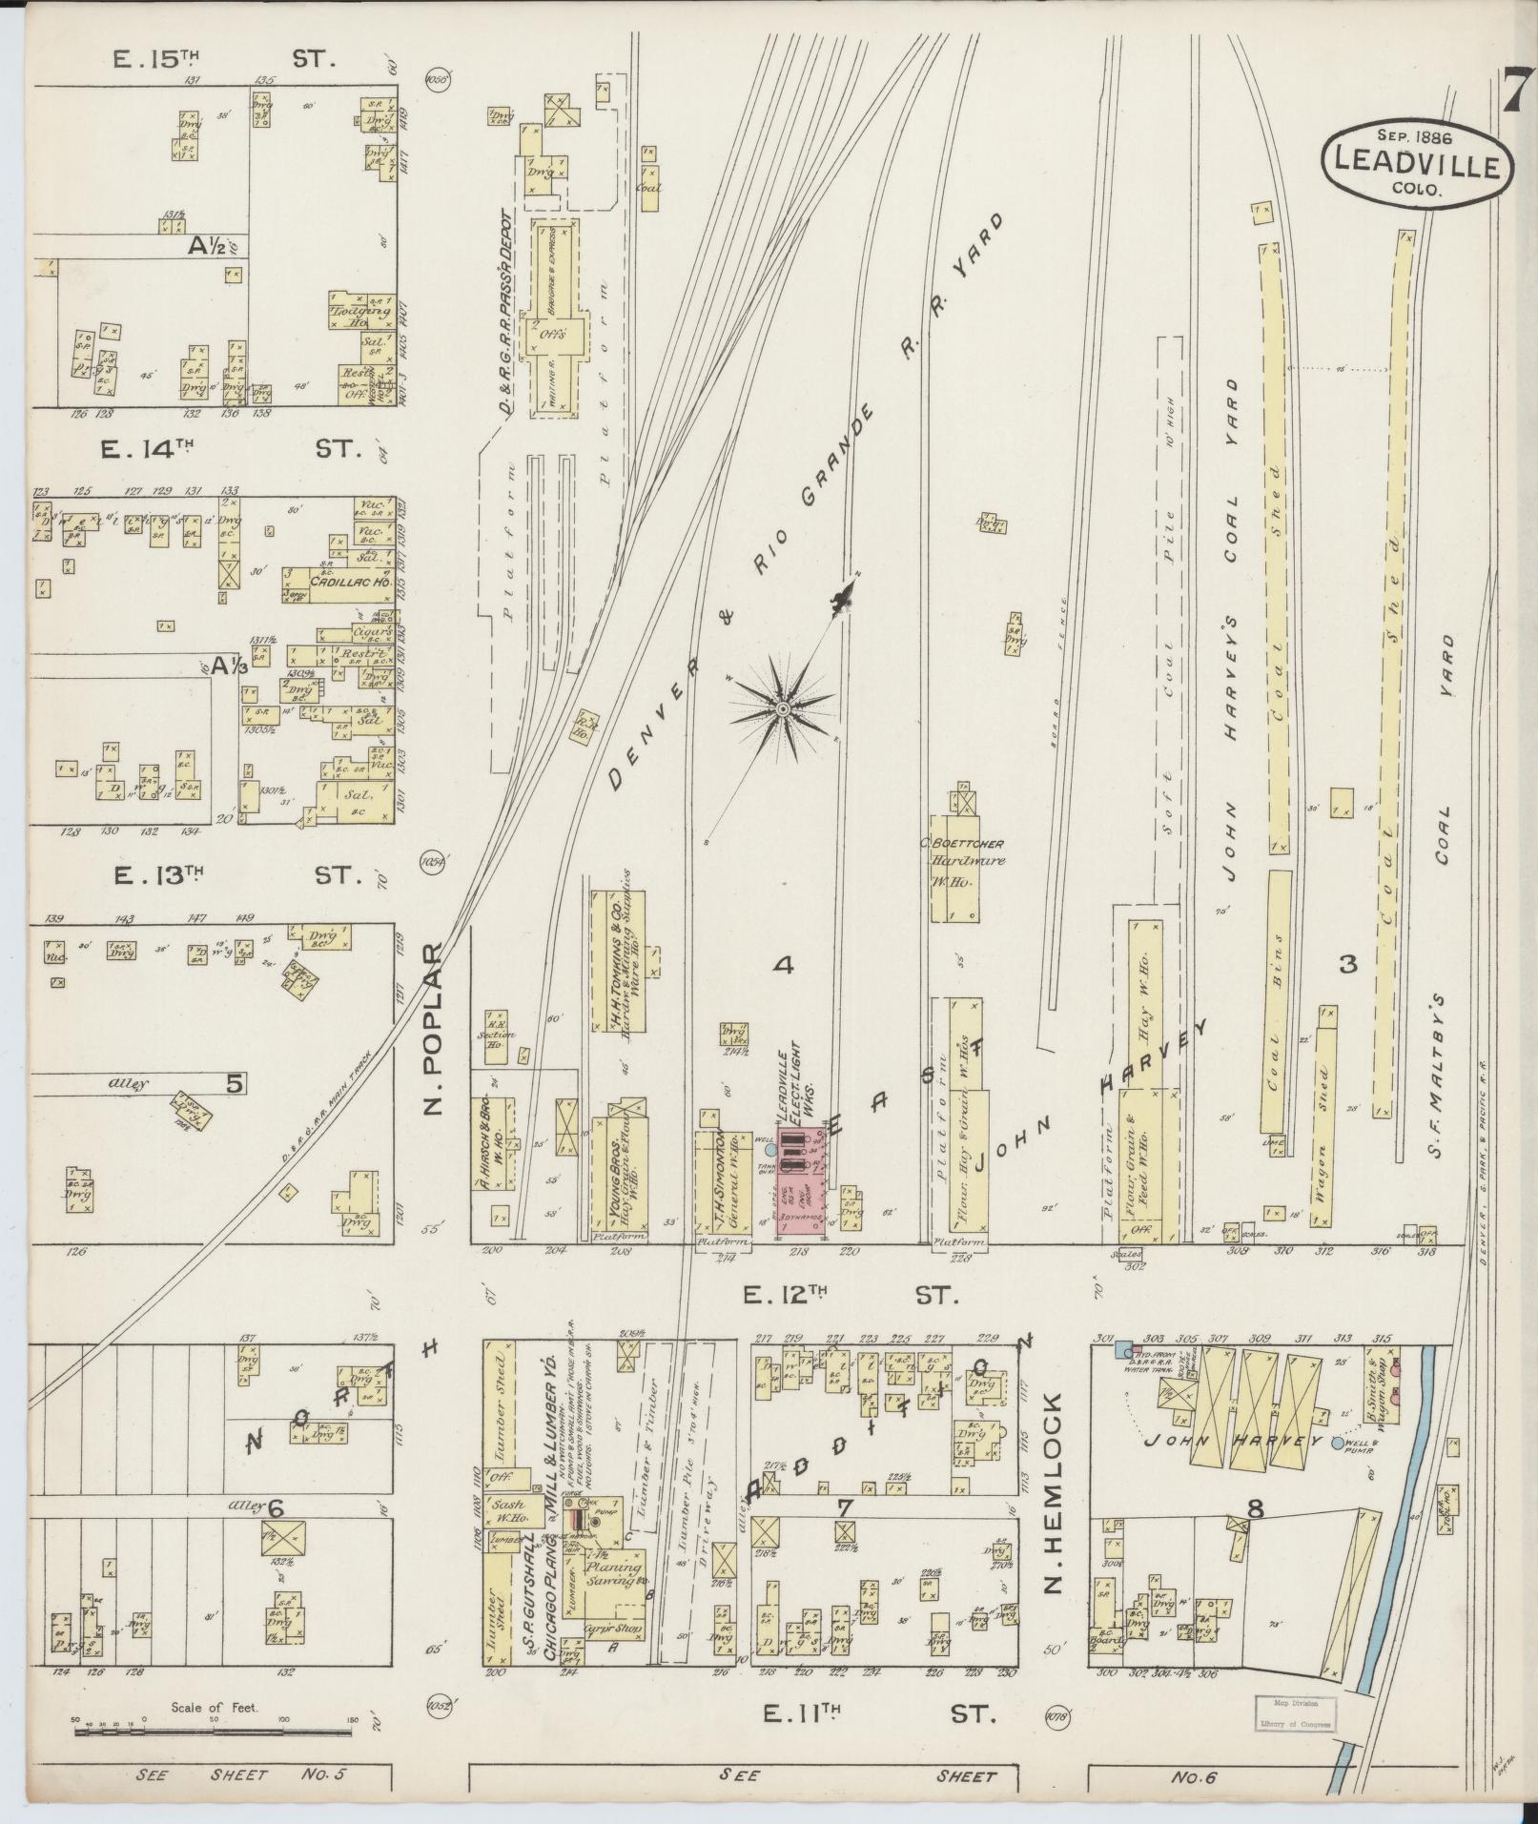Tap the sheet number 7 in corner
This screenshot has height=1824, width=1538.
coord(1512,90)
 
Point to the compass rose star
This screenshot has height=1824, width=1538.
coord(782,707)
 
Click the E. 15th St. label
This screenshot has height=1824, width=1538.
coord(224,59)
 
